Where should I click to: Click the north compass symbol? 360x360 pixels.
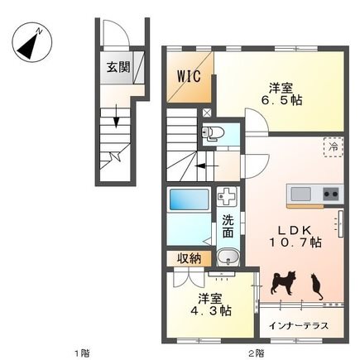click(32, 42)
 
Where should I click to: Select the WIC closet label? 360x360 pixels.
click(189, 76)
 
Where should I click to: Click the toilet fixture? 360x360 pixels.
click(213, 134)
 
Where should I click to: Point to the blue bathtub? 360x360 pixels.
click(189, 199)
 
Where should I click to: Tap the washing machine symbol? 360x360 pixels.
click(227, 196)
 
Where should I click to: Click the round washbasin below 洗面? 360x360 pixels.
click(228, 257)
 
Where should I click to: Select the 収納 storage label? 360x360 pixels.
click(189, 259)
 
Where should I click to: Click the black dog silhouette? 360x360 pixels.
click(283, 283)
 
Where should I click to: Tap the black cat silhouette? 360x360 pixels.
click(316, 286)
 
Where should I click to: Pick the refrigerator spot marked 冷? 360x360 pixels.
click(334, 147)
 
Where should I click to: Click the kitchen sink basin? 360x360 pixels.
click(300, 194)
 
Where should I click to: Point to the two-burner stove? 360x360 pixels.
click(331, 194)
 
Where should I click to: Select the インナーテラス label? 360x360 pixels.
click(299, 326)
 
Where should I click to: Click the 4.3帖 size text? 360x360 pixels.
click(211, 311)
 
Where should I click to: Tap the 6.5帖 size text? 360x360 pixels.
click(281, 100)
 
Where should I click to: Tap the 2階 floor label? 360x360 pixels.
click(257, 353)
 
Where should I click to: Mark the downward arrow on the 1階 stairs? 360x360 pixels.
click(116, 116)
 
